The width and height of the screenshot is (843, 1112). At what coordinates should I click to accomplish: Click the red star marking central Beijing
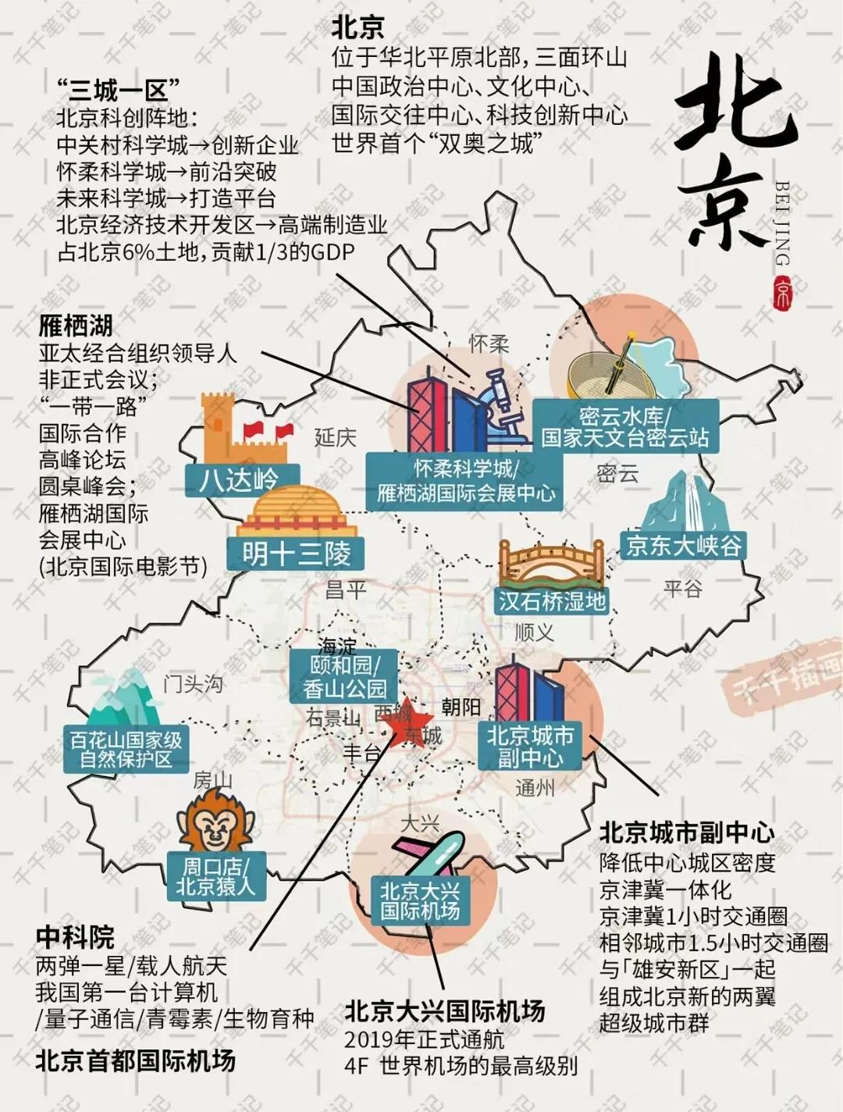tap(407, 723)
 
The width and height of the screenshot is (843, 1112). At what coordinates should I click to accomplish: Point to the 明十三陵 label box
tap(296, 553)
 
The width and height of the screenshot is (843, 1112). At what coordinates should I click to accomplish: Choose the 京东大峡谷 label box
tap(683, 544)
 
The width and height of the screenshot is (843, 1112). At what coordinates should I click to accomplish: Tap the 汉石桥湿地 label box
tap(552, 601)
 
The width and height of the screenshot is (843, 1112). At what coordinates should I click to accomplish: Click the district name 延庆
tap(335, 437)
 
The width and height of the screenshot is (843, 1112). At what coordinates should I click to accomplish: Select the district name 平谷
tap(682, 588)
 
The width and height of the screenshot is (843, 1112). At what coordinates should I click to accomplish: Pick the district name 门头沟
tap(193, 684)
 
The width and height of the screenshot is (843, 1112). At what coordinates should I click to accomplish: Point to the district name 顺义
tap(534, 633)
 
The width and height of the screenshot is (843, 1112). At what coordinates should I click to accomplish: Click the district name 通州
tap(535, 788)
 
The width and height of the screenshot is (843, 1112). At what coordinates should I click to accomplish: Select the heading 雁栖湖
tap(75, 326)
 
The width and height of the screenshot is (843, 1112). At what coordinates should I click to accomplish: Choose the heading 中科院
tap(75, 937)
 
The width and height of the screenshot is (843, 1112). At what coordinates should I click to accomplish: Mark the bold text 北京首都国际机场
tap(135, 1060)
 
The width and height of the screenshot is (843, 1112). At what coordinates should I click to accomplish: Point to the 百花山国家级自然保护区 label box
tap(126, 749)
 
